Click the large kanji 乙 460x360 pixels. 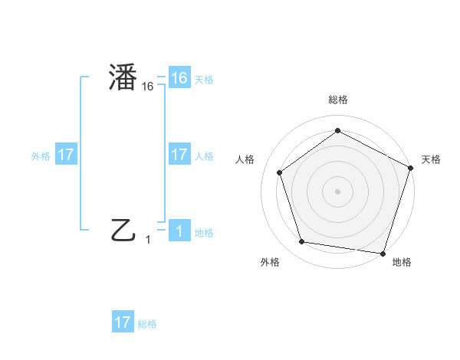click(123, 229)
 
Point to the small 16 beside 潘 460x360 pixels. click(148, 87)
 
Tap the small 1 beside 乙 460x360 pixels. click(148, 240)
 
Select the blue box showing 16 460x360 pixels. click(179, 78)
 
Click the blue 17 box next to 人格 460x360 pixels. click(179, 155)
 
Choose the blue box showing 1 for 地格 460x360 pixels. click(179, 231)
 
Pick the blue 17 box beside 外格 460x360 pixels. click(66, 155)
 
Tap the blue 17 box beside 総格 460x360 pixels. click(123, 322)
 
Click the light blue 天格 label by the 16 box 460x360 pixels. click(204, 79)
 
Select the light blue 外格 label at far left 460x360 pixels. click(41, 155)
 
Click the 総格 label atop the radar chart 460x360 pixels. click(337, 100)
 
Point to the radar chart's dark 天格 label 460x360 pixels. click(431, 159)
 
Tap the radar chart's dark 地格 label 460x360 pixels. click(402, 262)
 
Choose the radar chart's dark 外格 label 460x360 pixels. click(270, 262)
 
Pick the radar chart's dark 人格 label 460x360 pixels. click(245, 159)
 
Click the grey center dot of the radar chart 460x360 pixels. click(337, 191)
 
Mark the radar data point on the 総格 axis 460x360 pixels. click(337, 130)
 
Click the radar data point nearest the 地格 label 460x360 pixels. click(383, 253)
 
